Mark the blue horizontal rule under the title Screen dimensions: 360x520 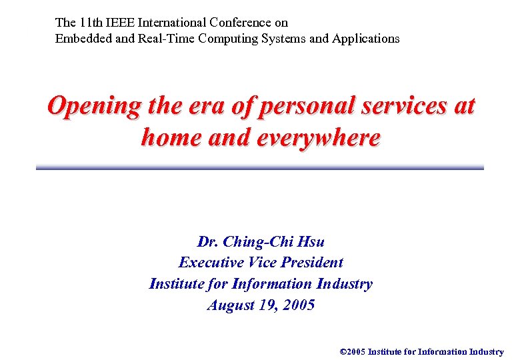tap(260, 168)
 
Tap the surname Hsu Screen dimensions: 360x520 tap(311, 241)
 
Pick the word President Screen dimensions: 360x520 tap(310, 263)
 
